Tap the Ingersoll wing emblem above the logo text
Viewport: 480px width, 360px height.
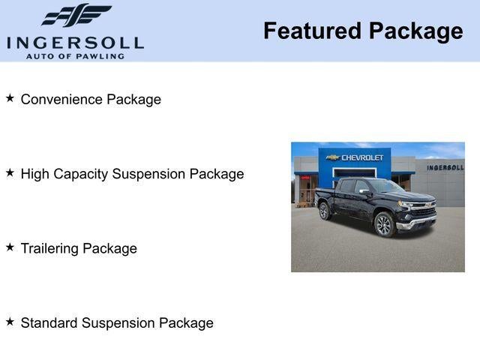pos(76,15)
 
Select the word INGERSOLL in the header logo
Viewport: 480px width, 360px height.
pos(75,41)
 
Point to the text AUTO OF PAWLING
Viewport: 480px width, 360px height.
pos(75,56)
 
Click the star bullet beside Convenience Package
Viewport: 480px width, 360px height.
pos(10,98)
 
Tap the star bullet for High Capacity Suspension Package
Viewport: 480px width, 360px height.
pos(10,172)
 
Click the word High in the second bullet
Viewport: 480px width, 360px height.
pos(34,174)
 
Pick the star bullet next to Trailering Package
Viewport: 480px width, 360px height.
pos(10,247)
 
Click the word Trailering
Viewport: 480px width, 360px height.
pos(50,248)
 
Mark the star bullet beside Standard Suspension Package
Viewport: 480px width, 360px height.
pos(10,322)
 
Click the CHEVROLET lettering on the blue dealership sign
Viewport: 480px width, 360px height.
pos(362,157)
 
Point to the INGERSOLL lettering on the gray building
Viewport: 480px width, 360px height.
pos(445,167)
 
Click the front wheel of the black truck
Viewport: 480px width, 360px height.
pos(383,224)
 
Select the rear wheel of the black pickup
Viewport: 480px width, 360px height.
pos(325,211)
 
